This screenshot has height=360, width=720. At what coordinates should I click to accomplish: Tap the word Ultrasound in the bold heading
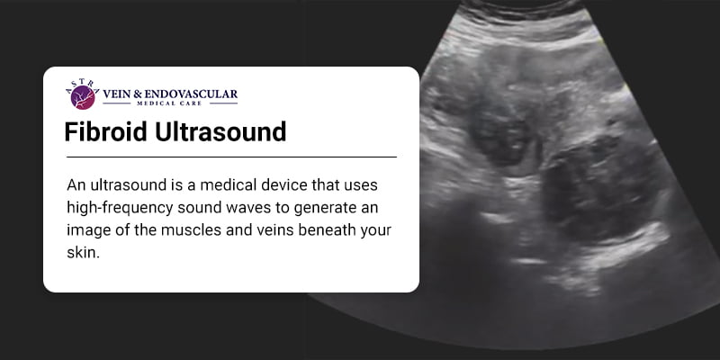click(226, 132)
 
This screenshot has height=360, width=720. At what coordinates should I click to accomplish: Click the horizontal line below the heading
click(231, 157)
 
